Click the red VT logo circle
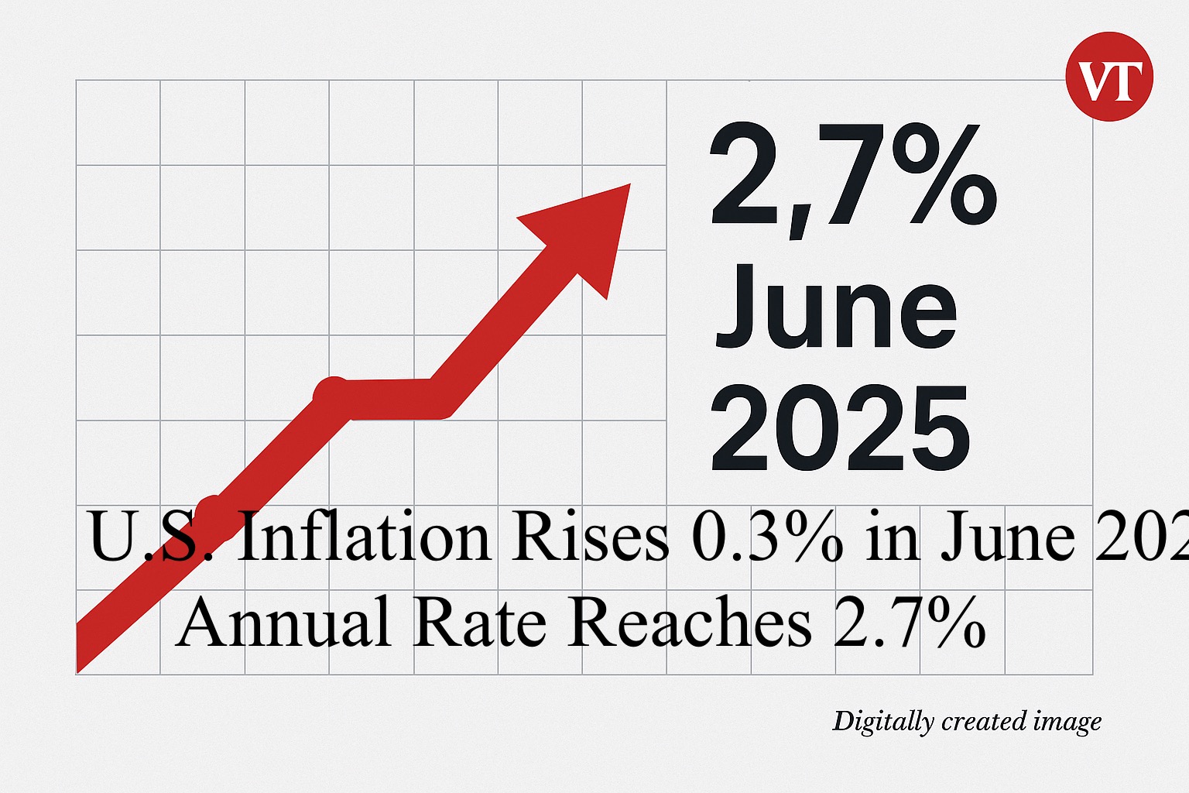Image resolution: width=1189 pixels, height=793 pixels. pos(1109,77)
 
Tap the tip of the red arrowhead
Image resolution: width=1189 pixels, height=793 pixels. pos(629,186)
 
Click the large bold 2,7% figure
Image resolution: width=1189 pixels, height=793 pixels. pos(851,177)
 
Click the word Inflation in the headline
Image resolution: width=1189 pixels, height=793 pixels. pos(364,536)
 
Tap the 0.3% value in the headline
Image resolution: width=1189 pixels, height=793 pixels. pos(766,536)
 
